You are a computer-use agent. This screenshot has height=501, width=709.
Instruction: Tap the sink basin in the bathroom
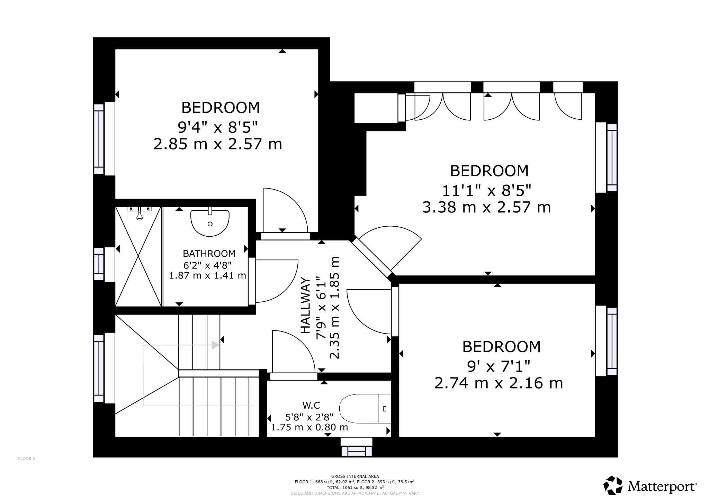pyautogui.click(x=210, y=223)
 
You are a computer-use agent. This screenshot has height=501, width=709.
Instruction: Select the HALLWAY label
pyautogui.click(x=305, y=305)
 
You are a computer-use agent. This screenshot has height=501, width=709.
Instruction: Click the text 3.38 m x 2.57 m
pyautogui.click(x=486, y=208)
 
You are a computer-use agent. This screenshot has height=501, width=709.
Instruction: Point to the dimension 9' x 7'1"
pyautogui.click(x=499, y=366)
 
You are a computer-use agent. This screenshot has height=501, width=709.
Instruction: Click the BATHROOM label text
pyautogui.click(x=209, y=254)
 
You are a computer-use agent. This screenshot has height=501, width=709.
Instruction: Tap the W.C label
pyautogui.click(x=311, y=405)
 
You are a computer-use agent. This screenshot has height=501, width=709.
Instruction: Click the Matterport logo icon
pyautogui.click(x=613, y=485)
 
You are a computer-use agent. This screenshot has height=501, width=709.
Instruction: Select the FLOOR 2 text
pyautogui.click(x=27, y=459)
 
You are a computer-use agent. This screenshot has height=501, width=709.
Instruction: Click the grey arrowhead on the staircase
pyautogui.click(x=216, y=345)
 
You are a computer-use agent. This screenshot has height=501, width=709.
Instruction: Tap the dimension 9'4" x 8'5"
pyautogui.click(x=218, y=127)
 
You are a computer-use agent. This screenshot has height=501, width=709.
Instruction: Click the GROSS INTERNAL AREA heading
pyautogui.click(x=355, y=476)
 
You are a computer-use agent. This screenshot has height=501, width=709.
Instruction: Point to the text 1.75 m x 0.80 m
pyautogui.click(x=309, y=427)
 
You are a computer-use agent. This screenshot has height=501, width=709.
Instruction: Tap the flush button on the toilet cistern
pyautogui.click(x=385, y=409)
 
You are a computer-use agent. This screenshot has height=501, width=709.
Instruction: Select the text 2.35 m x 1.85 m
pyautogui.click(x=335, y=308)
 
